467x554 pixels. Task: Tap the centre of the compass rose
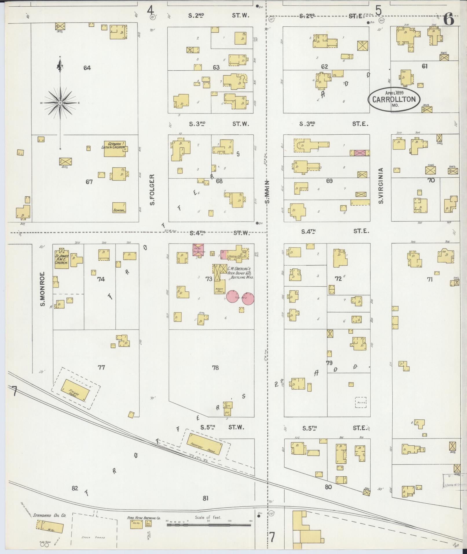pos(60,103)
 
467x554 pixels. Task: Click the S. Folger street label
pos(152,190)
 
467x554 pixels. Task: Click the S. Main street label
pos(267,191)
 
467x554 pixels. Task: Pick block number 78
pos(215,368)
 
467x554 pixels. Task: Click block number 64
pos(87,68)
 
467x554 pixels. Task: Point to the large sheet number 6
pos(448,20)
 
